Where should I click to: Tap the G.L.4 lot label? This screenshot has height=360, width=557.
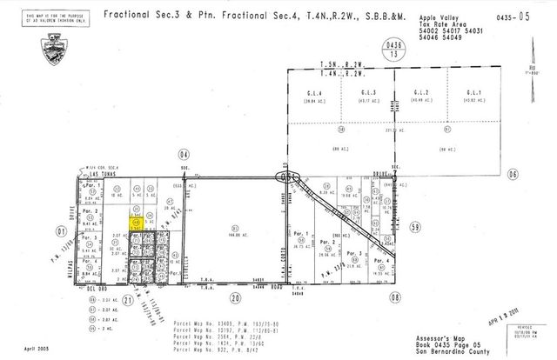(310, 92)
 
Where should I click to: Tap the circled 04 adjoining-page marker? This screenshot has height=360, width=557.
(183, 154)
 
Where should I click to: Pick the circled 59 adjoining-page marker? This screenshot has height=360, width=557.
(415, 227)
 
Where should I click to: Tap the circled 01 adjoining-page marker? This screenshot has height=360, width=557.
(60, 231)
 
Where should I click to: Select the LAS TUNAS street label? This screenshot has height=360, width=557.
(103, 174)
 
